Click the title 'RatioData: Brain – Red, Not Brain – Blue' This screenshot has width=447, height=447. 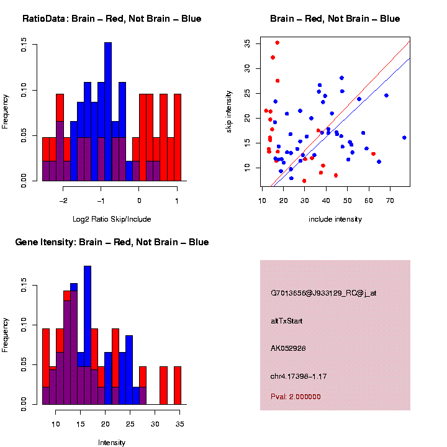112,19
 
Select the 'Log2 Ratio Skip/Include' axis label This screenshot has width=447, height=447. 111,219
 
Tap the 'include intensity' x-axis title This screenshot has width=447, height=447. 335,219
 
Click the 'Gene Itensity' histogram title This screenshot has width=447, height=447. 112,242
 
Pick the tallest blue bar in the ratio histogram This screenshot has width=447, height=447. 108,112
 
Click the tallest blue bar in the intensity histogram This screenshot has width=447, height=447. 88,335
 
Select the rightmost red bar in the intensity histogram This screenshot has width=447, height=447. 177,385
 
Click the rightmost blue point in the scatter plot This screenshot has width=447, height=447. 404,138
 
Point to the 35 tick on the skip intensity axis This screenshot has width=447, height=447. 247,43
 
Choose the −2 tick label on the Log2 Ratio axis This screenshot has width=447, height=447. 63,201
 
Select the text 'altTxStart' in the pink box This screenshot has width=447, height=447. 286,321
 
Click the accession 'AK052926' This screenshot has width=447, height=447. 289,348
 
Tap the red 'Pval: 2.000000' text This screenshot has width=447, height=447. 296,397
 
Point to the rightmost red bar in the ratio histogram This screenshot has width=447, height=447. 178,137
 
